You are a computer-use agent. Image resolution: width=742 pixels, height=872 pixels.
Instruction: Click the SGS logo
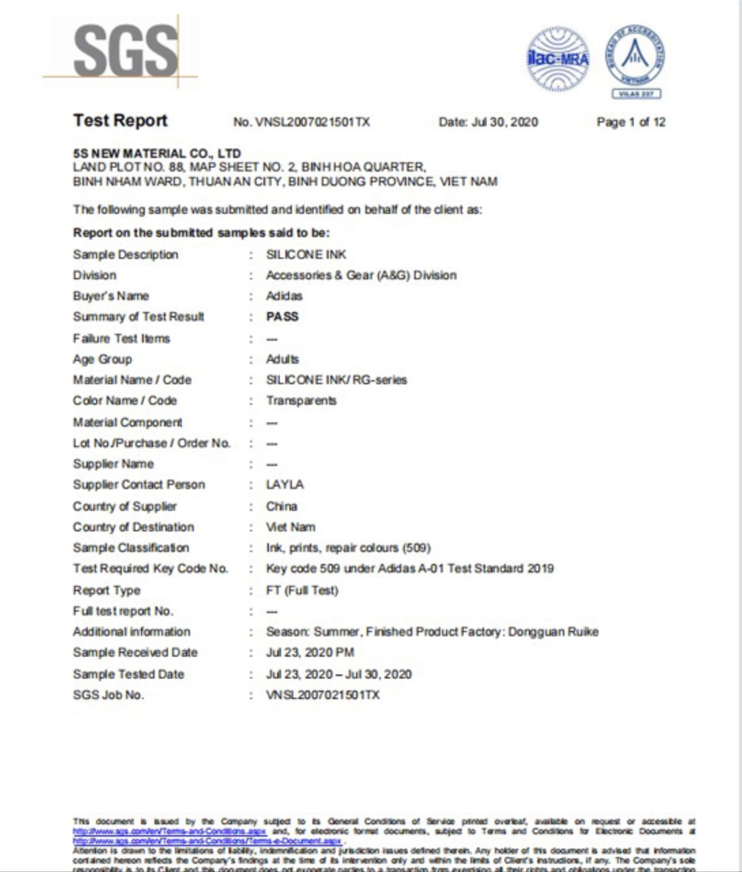(125, 52)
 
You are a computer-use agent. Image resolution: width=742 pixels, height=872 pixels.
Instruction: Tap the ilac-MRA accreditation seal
(558, 59)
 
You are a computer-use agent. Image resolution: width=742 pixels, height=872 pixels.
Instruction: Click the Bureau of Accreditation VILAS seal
(636, 60)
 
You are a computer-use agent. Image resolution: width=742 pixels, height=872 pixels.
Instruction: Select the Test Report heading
(120, 121)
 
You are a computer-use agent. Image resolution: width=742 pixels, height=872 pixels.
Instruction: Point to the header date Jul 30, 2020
(488, 123)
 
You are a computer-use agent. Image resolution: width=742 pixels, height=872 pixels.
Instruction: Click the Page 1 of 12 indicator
(631, 123)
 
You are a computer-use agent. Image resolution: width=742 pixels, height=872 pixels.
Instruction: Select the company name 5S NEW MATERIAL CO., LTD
(157, 153)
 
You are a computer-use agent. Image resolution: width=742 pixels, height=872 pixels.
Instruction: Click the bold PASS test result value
(283, 317)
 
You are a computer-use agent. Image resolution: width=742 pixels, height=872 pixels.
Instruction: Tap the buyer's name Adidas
(284, 296)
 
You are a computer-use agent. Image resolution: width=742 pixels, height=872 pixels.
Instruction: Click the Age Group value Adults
(283, 359)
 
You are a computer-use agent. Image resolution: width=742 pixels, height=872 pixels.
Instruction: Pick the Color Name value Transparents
(301, 401)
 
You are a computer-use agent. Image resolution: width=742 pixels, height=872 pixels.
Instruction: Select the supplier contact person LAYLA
(285, 484)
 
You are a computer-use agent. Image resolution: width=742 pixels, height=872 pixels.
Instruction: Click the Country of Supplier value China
(282, 506)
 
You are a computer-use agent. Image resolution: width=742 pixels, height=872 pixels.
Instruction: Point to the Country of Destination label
(133, 527)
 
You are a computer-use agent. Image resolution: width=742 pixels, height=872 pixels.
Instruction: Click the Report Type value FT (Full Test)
(302, 590)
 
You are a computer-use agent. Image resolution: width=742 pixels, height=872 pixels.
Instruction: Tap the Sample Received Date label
(135, 653)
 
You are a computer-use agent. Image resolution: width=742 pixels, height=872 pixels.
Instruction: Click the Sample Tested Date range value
(338, 674)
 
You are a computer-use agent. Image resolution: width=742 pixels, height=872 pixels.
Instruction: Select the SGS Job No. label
(108, 695)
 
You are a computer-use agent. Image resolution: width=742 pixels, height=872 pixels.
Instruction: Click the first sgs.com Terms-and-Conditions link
(170, 832)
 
